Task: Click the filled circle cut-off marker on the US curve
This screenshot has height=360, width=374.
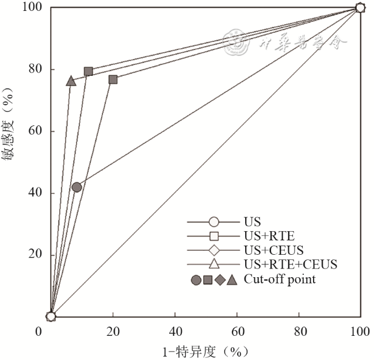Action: click(x=77, y=187)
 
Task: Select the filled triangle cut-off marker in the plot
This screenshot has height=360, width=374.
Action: click(x=71, y=81)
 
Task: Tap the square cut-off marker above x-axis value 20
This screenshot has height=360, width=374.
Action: click(x=113, y=79)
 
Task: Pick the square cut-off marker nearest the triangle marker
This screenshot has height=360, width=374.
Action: click(x=89, y=71)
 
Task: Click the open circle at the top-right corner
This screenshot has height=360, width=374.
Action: click(x=360, y=7)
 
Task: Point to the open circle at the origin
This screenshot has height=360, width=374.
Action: click(x=51, y=316)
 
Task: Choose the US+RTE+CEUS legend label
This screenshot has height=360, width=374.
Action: click(x=290, y=265)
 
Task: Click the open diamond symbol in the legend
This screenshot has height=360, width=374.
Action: click(x=214, y=250)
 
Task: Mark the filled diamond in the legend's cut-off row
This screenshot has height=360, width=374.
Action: click(x=220, y=280)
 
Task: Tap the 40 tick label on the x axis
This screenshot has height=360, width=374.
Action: click(x=175, y=332)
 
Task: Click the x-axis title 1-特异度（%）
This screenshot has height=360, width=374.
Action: click(x=207, y=351)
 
